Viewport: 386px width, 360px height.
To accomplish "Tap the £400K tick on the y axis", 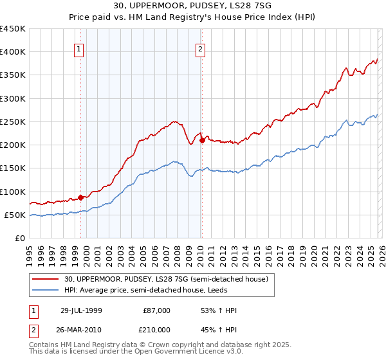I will pyautogui.click(x=13, y=52).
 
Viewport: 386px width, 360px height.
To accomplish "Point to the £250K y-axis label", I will pyautogui.click(x=13, y=122).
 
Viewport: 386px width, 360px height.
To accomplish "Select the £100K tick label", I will pyautogui.click(x=13, y=192).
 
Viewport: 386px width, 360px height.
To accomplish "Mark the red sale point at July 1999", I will pyautogui.click(x=81, y=197).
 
